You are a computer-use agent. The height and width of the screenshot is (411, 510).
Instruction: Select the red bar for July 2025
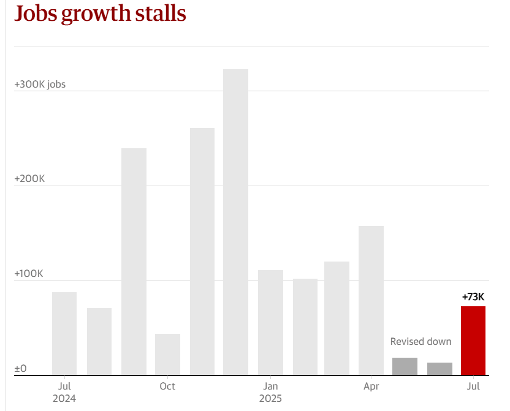(x=473, y=341)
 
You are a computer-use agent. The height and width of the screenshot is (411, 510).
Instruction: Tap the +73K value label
(x=473, y=297)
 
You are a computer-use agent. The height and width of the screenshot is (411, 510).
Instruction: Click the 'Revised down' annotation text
(x=421, y=342)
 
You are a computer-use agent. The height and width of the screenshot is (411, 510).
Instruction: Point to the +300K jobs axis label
(x=40, y=84)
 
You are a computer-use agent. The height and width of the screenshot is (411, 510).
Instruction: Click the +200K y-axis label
(x=29, y=179)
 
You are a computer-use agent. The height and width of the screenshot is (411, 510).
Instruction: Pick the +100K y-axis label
(x=29, y=274)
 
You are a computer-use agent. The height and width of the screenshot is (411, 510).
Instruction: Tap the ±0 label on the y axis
(x=21, y=368)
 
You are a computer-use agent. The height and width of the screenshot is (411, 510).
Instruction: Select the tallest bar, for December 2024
(x=235, y=222)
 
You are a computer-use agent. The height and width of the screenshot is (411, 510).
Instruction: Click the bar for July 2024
(x=64, y=333)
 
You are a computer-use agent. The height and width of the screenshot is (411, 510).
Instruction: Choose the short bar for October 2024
(x=167, y=354)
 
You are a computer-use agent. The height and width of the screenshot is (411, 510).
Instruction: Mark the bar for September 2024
(x=134, y=262)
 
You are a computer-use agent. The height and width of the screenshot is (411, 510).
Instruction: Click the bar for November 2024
(x=202, y=251)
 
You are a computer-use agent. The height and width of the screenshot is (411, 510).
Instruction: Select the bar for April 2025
(x=371, y=300)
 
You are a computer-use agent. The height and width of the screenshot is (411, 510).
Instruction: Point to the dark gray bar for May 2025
(x=405, y=366)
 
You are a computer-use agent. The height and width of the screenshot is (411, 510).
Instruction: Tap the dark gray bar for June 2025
(x=440, y=369)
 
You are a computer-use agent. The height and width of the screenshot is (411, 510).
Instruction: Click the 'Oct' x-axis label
(x=167, y=386)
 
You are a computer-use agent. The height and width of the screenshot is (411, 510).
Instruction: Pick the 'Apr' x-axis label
(x=371, y=386)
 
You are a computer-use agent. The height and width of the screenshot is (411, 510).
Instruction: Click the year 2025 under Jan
(x=270, y=398)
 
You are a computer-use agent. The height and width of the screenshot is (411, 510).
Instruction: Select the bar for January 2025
(x=270, y=322)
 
